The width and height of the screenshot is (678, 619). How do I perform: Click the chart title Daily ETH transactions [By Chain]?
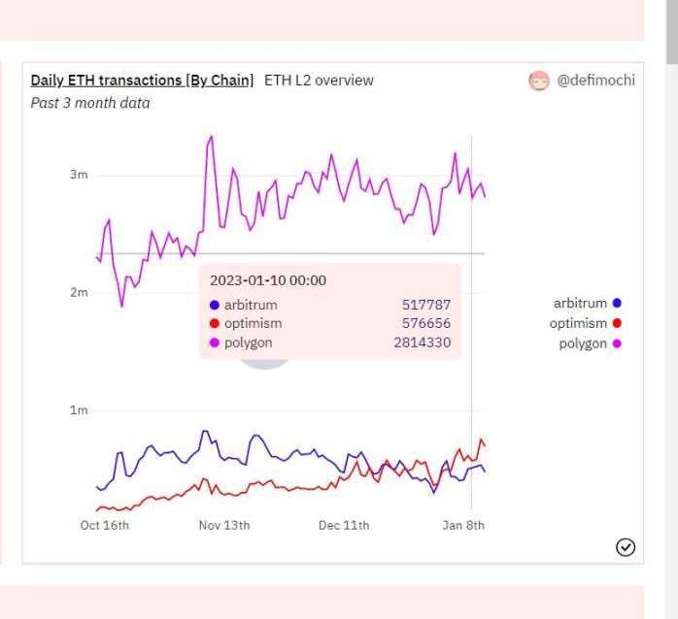[142, 80]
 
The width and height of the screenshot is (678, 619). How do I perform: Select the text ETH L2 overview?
[319, 80]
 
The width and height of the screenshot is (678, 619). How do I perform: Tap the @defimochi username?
[595, 80]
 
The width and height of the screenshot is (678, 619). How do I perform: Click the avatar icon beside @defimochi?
[538, 81]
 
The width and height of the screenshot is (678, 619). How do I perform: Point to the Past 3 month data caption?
[90, 102]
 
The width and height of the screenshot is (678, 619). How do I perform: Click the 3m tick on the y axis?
[78, 175]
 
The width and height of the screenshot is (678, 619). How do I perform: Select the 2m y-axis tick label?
[78, 292]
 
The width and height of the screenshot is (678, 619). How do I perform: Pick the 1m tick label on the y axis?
[78, 410]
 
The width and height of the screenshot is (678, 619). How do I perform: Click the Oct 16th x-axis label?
[104, 525]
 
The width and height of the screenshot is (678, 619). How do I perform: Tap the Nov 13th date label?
[224, 525]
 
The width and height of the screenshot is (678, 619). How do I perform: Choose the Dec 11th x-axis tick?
[344, 525]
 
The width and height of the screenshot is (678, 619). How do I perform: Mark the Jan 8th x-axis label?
[463, 525]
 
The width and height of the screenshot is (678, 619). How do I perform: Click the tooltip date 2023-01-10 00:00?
[268, 280]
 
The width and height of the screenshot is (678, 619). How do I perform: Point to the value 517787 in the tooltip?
[426, 305]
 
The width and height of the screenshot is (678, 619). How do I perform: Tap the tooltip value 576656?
[426, 323]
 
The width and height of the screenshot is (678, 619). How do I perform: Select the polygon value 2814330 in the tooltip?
[422, 342]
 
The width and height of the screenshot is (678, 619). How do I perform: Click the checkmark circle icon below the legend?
[626, 548]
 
